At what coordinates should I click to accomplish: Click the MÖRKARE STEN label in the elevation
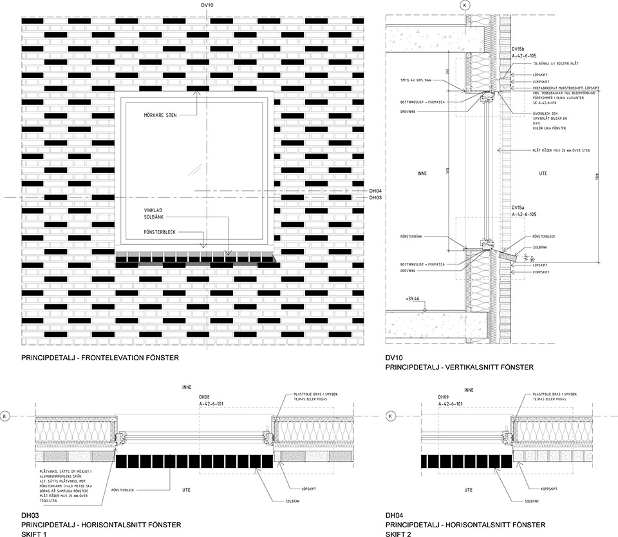point(160,115)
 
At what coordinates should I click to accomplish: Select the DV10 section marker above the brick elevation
point(207,6)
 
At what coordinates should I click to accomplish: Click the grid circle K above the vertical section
point(464,6)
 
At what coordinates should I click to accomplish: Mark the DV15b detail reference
point(519,49)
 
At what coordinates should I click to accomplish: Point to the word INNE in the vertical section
point(422,173)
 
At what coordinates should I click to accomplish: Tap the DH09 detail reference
point(442,397)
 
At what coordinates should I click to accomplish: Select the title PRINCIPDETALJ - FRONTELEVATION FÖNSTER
point(100,358)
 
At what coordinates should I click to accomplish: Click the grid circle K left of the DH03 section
point(6,416)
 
